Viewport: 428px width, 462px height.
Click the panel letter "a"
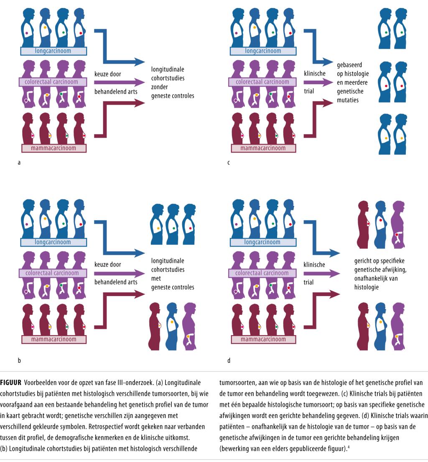coord(19,162)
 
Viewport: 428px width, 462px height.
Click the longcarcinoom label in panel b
coord(53,242)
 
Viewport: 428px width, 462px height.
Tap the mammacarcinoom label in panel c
coord(263,148)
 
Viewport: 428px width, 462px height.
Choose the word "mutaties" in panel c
coord(348,101)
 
